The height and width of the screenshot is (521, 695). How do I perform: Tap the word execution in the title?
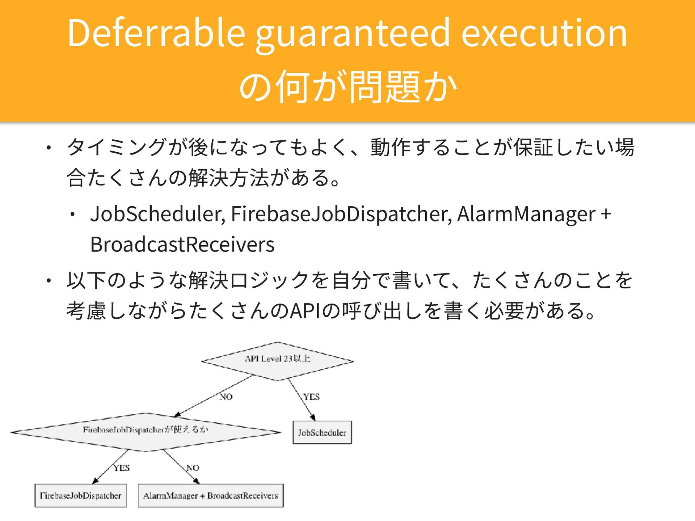tap(544, 33)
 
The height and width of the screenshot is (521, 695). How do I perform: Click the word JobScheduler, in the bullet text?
tap(158, 214)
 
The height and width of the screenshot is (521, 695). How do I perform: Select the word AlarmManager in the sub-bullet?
tap(526, 214)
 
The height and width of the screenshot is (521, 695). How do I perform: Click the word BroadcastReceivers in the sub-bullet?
tap(182, 245)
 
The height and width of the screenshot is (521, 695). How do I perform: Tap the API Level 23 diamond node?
tap(277, 361)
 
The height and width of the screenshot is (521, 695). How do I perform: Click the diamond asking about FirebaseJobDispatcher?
tap(146, 432)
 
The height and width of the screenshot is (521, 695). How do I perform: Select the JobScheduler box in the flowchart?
tap(322, 432)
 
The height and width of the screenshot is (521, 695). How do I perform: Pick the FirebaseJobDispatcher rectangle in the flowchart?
tap(80, 495)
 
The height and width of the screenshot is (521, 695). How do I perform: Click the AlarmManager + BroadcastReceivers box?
tap(211, 495)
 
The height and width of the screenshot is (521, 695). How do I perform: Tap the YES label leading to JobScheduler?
tap(311, 397)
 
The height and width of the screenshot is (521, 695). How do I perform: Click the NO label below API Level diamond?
tap(226, 397)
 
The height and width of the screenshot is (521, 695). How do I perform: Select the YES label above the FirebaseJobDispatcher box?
tap(122, 468)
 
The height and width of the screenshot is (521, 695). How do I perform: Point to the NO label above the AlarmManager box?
tap(193, 468)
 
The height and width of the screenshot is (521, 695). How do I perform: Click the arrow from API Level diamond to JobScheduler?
tap(302, 399)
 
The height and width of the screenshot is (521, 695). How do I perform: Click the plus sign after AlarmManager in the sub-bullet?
tap(606, 214)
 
